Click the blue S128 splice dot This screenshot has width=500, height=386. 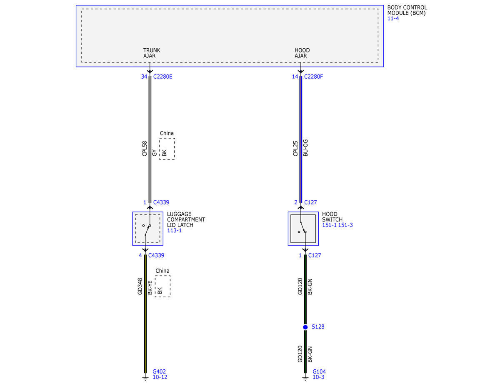[305, 327]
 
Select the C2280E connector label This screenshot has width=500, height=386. [162, 77]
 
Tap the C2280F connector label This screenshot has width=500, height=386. [313, 77]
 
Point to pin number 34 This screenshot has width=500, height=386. [144, 77]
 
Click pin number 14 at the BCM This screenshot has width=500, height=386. [295, 77]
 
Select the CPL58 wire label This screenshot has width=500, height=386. [145, 149]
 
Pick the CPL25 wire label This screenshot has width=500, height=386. [295, 149]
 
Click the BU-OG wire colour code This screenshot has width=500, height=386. [305, 148]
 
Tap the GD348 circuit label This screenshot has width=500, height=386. [140, 286]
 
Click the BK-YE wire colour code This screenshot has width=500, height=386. [150, 287]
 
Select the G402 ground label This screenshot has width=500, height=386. [159, 371]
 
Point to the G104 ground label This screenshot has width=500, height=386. [319, 371]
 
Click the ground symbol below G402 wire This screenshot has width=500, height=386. [145, 378]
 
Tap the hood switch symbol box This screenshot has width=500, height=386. [303, 229]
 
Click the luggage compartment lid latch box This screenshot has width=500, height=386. [148, 229]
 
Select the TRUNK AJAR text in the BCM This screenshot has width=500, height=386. [152, 53]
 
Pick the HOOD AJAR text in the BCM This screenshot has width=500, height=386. [302, 53]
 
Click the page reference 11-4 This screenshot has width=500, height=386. [393, 18]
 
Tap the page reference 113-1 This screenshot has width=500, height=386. [174, 231]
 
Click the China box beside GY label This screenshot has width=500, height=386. [167, 149]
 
